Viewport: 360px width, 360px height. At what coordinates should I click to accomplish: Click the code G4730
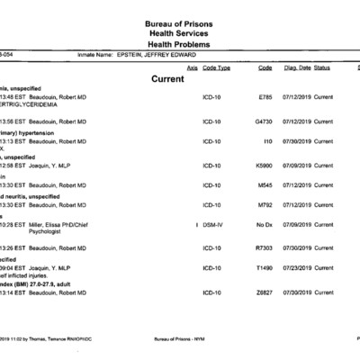coord(265,121)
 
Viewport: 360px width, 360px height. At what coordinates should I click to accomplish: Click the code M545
coord(265,184)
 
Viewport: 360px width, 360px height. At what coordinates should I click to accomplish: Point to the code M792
coord(265,205)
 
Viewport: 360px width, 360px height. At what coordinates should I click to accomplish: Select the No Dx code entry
coord(265,224)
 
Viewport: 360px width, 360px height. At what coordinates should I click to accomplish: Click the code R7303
coord(265,247)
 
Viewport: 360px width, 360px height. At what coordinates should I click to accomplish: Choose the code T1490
coord(265,268)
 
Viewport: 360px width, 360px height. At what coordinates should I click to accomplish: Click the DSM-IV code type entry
coord(213,224)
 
